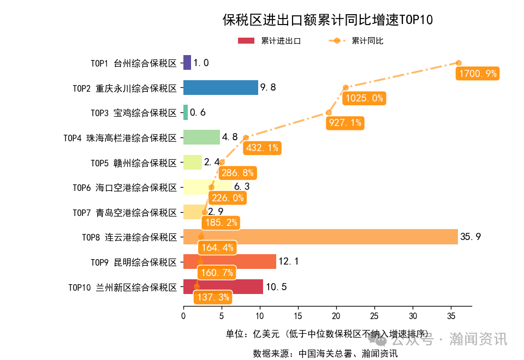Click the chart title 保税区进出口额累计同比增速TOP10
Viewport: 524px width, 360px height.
click(327, 20)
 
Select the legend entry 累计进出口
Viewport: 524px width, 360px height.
click(269, 41)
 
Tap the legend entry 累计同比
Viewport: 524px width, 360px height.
click(355, 41)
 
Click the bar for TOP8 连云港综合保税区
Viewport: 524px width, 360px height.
click(320, 237)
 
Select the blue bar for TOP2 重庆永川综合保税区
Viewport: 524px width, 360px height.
click(221, 87)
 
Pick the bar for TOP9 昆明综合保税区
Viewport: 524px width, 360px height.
click(229, 262)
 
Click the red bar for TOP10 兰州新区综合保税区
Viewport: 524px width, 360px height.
click(223, 286)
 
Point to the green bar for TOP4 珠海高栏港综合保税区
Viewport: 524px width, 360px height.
click(201, 137)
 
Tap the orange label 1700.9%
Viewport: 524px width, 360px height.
click(478, 74)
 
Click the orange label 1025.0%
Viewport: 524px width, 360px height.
click(364, 99)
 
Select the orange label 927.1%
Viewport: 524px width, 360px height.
click(344, 123)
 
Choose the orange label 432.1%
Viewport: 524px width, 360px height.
click(262, 148)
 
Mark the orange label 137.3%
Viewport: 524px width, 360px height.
click(212, 297)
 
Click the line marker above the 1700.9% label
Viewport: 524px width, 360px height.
click(459, 63)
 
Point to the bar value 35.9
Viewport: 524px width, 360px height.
click(471, 237)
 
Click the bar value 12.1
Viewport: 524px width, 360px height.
click(288, 262)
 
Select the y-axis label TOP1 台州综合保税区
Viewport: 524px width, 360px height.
click(134, 63)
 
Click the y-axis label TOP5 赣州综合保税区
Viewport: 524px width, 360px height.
click(134, 163)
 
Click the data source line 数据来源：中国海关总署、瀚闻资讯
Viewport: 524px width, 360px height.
click(325, 353)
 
